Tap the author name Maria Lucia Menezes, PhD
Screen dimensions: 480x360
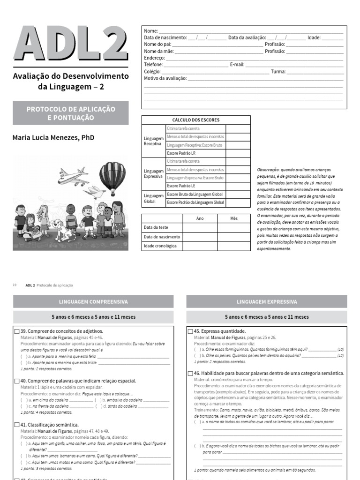(53, 138)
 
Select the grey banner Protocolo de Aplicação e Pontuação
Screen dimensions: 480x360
(71, 113)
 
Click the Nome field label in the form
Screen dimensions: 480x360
(150, 31)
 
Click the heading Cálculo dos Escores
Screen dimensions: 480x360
(196, 120)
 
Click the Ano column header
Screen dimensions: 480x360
(200, 218)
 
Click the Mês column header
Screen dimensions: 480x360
(234, 218)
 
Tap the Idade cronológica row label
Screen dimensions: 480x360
(160, 246)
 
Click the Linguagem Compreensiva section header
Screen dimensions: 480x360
(93, 302)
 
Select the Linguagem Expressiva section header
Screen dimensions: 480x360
(267, 302)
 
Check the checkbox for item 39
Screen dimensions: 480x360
(17, 331)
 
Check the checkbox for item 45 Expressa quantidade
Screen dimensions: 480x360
(190, 331)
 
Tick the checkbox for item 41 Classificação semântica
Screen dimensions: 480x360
(17, 424)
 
